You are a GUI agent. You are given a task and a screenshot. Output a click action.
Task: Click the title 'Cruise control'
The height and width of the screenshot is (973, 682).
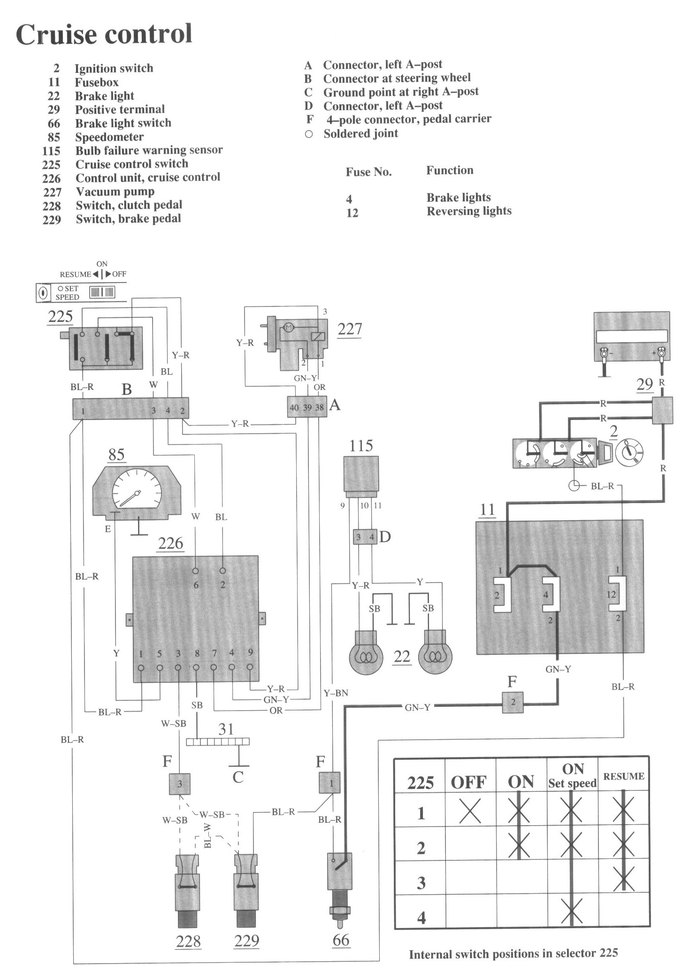tap(104, 34)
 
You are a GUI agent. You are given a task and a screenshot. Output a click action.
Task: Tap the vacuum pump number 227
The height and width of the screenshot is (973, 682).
tap(350, 329)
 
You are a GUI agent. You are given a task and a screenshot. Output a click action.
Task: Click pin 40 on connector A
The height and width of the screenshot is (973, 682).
tap(294, 407)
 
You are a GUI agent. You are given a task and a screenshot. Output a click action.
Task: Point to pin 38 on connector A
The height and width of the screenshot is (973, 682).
tap(320, 407)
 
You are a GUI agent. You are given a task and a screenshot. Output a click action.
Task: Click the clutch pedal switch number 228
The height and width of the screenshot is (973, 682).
tap(188, 941)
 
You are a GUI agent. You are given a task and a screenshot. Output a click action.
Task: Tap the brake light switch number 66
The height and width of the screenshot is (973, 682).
tap(341, 940)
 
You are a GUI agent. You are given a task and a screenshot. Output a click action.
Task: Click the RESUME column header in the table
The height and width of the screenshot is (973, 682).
tap(624, 776)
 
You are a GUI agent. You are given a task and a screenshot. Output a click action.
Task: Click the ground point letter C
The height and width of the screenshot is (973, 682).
tap(238, 777)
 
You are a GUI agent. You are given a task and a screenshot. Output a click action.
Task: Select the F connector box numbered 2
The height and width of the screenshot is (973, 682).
tap(513, 703)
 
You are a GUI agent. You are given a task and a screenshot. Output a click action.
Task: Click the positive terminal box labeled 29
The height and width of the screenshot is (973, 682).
tap(662, 410)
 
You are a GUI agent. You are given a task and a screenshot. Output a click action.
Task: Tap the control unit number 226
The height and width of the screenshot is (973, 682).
tap(170, 543)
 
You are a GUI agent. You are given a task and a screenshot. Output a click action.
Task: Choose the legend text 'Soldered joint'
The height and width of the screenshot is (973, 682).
tap(360, 134)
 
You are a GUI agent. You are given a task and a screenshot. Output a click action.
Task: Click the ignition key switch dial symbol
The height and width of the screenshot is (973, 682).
tap(629, 452)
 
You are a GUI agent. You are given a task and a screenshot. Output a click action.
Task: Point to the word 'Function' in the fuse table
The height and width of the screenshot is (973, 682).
tap(450, 170)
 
